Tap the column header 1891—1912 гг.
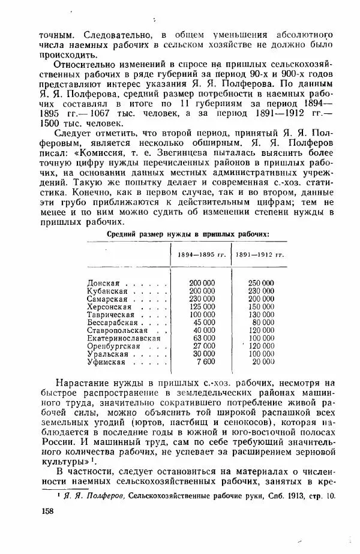(259, 255)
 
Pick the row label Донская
(104, 282)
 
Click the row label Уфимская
(106, 362)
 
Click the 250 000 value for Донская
(261, 282)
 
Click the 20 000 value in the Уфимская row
(263, 362)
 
